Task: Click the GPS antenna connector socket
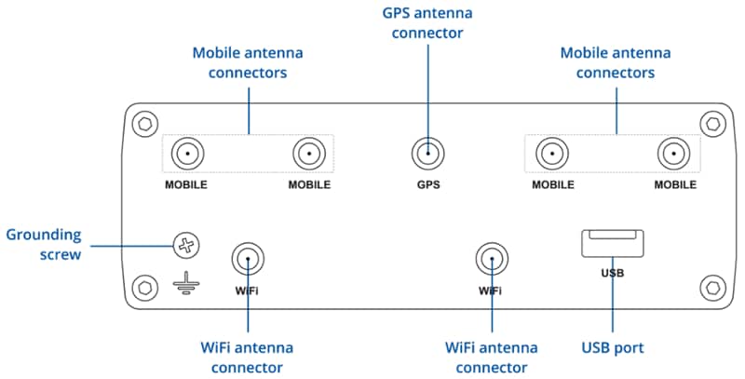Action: tap(427, 153)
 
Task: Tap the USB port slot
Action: tap(613, 244)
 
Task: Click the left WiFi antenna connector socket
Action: tap(248, 258)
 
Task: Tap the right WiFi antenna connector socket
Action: tap(491, 258)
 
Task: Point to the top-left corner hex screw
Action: tap(143, 124)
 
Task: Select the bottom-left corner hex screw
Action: tap(143, 285)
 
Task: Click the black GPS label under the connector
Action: tap(427, 184)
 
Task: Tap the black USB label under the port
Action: tap(613, 273)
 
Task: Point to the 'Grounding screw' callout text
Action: tap(44, 244)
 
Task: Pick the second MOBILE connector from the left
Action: tap(309, 153)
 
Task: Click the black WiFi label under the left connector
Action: tap(247, 291)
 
